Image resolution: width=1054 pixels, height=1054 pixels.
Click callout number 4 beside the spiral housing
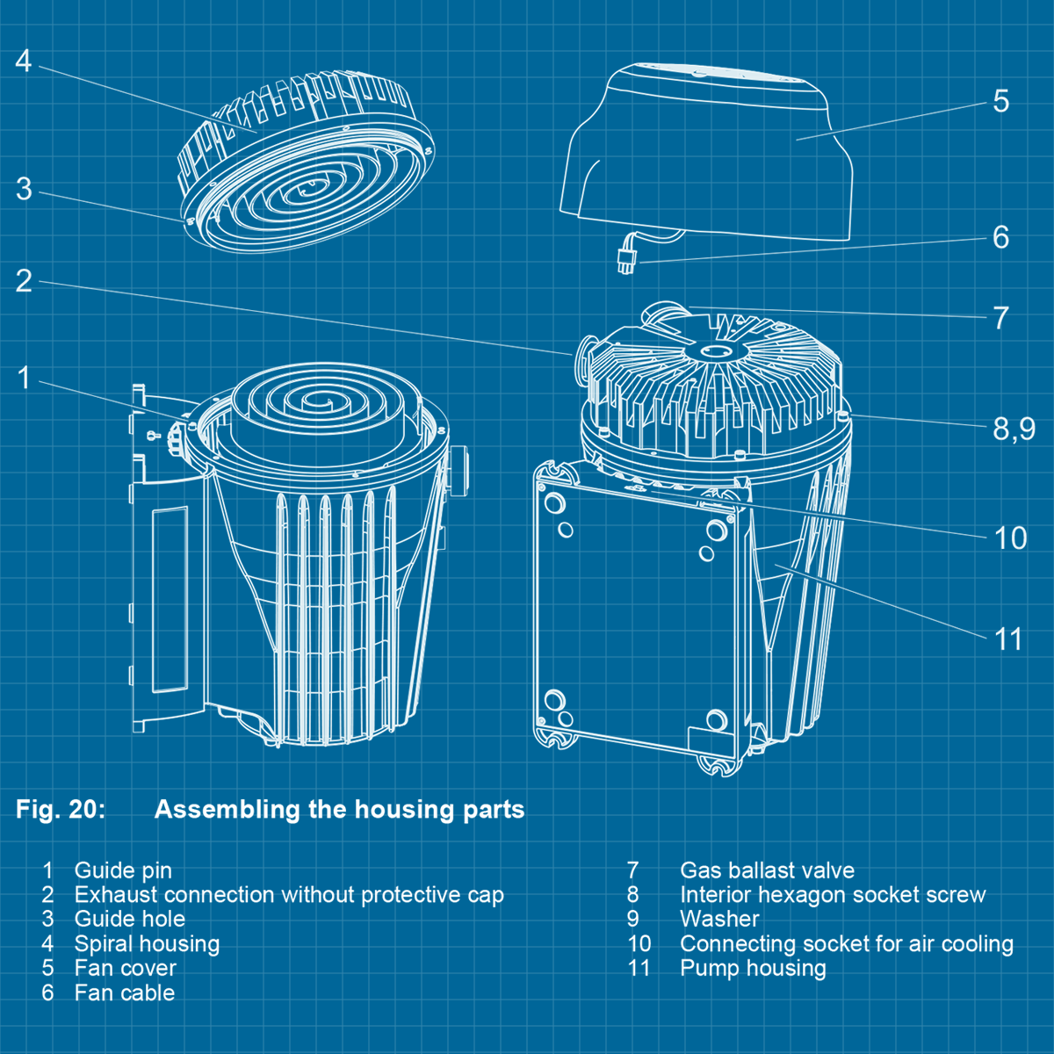coord(24,61)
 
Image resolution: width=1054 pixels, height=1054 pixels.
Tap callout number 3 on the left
coord(24,189)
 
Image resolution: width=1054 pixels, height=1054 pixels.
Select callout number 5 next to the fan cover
coord(1000,101)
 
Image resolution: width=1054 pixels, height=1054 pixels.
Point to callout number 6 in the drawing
coord(1000,237)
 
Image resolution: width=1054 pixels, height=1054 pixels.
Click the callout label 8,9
coord(1014,430)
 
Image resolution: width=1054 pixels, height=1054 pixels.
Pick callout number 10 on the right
coord(1010,538)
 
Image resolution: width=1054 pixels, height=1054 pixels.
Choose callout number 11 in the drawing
coord(1008,639)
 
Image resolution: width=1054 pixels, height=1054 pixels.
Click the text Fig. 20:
coord(61,809)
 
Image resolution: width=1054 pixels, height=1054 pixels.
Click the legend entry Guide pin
coord(123,870)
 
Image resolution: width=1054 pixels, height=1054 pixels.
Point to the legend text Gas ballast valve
coord(767,870)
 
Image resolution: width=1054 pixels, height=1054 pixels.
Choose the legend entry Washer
coord(719,920)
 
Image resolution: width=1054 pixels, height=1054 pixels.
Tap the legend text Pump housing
coord(753,968)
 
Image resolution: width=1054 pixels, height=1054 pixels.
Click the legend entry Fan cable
coord(124,993)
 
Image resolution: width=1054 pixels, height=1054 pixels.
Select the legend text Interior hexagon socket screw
coord(832,895)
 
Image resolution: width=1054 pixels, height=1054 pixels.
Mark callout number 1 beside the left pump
coord(24,378)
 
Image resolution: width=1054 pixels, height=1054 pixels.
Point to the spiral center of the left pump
coord(317,402)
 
